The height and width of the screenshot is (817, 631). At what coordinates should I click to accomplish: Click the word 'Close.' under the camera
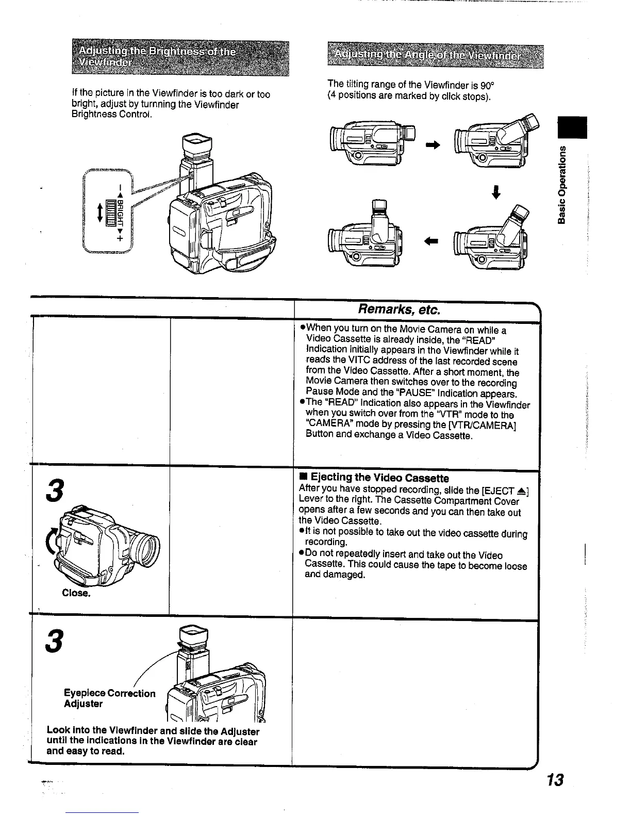point(76,593)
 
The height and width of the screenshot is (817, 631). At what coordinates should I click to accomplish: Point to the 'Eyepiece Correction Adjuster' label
point(109,698)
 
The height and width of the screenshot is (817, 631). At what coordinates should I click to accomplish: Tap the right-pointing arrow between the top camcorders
point(433,146)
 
